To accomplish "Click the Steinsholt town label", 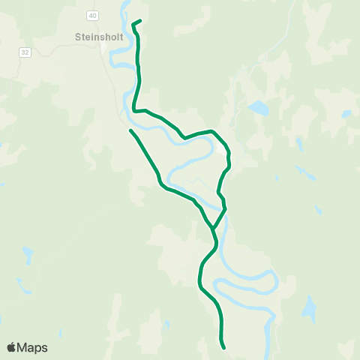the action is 100,35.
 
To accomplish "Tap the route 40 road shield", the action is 92,15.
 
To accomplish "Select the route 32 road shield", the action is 25,52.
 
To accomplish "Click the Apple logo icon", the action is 11,347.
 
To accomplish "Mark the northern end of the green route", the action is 140,21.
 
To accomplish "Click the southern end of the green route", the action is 224,347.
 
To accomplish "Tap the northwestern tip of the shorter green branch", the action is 130,131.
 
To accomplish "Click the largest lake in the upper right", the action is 259,108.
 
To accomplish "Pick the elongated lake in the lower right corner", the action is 308,307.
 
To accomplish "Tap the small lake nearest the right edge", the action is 346,115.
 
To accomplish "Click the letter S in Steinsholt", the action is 78,35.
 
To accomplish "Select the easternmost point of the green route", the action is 229,157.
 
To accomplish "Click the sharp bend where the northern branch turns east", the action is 135,110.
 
